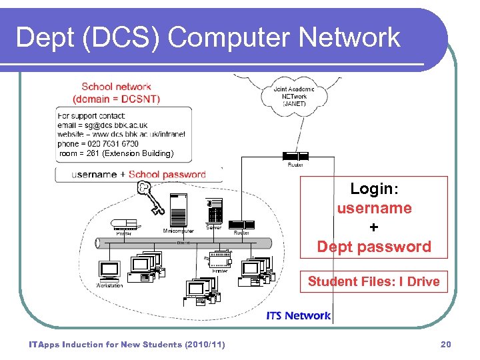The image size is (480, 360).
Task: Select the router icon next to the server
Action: click(241, 224)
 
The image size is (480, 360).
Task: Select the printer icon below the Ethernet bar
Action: click(220, 259)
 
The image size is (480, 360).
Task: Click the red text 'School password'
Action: click(167, 175)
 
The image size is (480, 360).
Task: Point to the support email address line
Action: click(103, 125)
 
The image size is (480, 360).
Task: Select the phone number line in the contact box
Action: click(98, 143)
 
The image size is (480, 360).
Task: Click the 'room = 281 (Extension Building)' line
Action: click(117, 153)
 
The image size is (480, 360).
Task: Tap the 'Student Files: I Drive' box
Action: click(373, 281)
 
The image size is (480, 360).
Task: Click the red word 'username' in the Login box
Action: click(374, 208)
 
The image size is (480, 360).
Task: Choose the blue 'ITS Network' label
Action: click(298, 315)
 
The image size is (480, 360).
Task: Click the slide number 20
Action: click(446, 345)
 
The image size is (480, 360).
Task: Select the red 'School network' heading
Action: click(116, 87)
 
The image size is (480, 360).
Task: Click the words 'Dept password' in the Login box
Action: click(374, 247)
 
